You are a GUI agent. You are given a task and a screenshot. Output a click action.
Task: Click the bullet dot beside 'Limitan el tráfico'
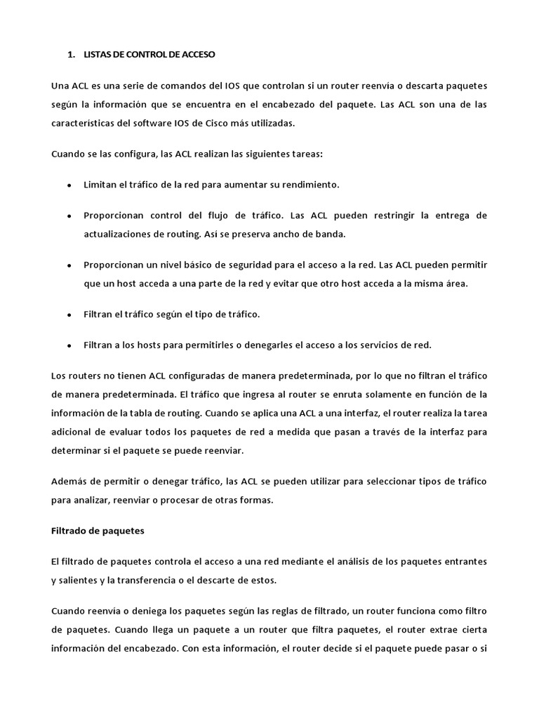[69, 185]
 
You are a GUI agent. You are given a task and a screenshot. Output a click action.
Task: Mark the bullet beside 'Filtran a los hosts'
[69, 345]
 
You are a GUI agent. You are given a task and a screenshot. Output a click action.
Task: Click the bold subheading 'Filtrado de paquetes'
[98, 531]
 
